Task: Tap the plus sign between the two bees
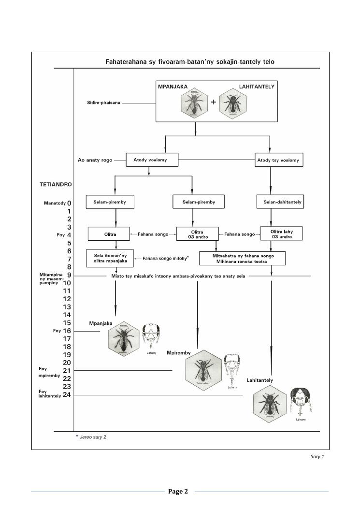(213, 102)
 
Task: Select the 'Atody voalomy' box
(152, 160)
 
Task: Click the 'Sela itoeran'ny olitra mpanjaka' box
(110, 256)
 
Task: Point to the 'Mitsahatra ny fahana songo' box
(249, 258)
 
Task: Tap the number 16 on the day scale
(67, 331)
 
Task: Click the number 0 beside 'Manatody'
(69, 204)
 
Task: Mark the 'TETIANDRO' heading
(56, 184)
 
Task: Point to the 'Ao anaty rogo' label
(96, 160)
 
